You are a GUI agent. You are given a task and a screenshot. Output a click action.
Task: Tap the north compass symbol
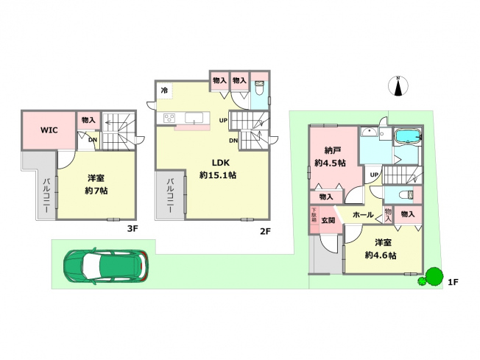[398, 86]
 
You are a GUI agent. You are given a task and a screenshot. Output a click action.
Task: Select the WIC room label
[49, 130]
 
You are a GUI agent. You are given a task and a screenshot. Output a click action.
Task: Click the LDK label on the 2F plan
[220, 163]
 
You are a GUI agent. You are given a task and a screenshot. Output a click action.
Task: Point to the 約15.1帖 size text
[218, 175]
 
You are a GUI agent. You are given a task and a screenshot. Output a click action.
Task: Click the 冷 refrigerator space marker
[164, 91]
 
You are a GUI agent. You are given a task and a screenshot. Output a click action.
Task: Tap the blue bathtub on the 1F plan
[409, 136]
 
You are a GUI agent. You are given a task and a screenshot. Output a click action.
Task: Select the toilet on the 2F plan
[260, 88]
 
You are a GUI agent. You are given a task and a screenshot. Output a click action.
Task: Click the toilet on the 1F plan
[406, 194]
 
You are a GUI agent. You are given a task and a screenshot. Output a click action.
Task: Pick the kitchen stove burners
[169, 118]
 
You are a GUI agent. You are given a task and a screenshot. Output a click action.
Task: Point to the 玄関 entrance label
[328, 220]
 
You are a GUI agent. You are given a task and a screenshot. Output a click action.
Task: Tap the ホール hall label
[364, 214]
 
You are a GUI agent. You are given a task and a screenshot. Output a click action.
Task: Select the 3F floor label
[132, 229]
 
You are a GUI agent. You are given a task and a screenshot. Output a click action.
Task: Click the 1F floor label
[453, 282]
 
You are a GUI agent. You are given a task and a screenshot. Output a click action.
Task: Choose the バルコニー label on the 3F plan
[46, 195]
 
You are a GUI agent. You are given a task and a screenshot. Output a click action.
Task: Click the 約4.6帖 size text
[381, 255]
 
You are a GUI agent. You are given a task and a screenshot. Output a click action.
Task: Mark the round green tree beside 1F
[434, 276]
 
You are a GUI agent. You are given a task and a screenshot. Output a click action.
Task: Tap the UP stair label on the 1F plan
[374, 174]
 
